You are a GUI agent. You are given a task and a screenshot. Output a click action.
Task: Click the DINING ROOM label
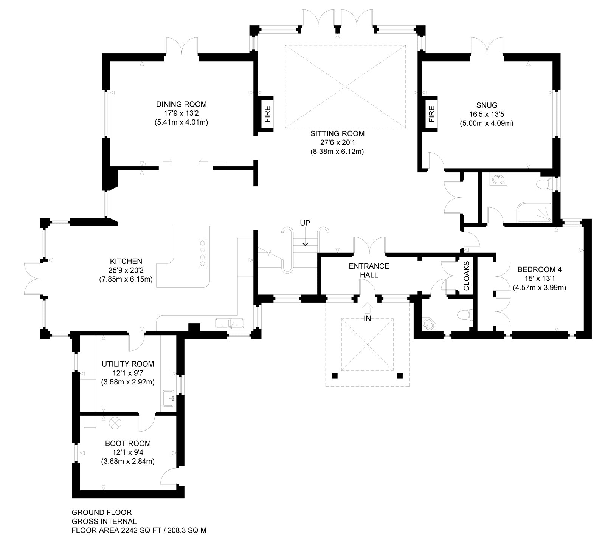click(181, 104)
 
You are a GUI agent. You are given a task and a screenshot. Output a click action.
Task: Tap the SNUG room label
click(487, 105)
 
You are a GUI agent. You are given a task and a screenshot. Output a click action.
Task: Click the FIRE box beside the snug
click(431, 114)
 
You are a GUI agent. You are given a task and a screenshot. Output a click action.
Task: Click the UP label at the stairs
click(305, 223)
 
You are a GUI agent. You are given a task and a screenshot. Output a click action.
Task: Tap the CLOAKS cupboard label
click(467, 276)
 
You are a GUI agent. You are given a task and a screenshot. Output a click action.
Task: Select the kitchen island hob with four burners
click(203, 253)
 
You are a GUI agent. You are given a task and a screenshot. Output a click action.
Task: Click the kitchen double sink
click(230, 323)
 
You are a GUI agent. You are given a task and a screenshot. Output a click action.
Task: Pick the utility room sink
click(169, 398)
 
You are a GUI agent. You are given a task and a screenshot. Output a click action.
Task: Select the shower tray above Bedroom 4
click(534, 212)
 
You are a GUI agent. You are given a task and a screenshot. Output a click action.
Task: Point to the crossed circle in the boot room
click(114, 423)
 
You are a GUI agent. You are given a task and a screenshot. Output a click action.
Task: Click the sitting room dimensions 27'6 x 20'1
click(337, 142)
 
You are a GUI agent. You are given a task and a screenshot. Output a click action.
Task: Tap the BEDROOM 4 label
click(539, 270)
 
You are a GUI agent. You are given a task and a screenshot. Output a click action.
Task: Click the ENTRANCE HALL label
click(369, 270)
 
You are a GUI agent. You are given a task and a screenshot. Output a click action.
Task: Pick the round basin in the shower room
click(498, 179)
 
